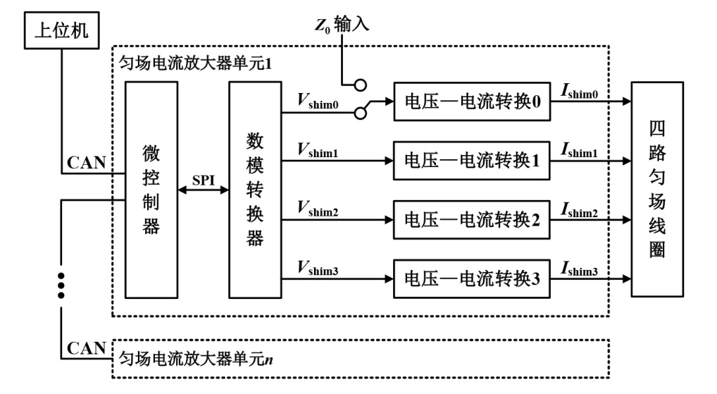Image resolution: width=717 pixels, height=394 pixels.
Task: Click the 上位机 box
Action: point(62,30)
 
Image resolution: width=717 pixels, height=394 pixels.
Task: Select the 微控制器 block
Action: point(151,190)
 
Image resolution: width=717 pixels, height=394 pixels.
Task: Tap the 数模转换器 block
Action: point(255,190)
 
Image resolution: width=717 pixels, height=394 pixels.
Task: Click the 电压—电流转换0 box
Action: point(472,101)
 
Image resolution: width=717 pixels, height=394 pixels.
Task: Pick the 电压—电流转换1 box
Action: point(472,161)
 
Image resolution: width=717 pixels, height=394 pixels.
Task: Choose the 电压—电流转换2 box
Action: point(472,220)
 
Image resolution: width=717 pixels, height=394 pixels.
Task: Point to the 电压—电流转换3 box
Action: point(472,278)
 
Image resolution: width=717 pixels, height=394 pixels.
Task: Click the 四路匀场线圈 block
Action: point(657,190)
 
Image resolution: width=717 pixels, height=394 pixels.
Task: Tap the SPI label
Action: point(204,180)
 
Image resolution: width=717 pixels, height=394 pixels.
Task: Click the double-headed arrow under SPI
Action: point(204,190)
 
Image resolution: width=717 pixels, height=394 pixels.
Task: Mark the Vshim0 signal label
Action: point(318,101)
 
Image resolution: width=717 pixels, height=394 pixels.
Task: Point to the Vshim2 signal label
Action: point(318,209)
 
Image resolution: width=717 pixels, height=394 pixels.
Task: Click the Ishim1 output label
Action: point(580,150)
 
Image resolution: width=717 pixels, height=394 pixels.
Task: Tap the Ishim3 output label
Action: point(580,269)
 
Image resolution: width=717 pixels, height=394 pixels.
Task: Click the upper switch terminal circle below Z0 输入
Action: point(361,85)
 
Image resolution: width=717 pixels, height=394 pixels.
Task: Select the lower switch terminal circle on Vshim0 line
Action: point(361,113)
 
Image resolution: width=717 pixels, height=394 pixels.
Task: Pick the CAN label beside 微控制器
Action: point(87,162)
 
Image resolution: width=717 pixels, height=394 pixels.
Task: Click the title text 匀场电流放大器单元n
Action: point(197,359)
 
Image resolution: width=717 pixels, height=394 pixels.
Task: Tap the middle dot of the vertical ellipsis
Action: point(61,285)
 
